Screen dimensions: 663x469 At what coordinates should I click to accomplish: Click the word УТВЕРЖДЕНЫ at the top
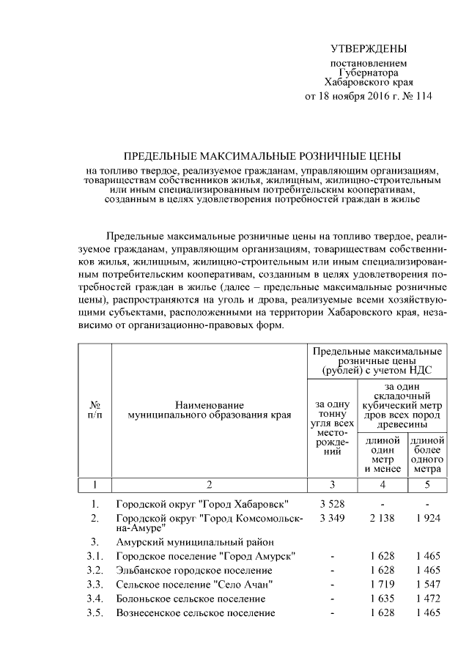[368, 49]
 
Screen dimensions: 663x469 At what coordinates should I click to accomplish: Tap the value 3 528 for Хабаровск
[332, 505]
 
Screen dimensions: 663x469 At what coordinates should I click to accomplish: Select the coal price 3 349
[332, 519]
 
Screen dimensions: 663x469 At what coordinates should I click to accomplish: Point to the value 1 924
[426, 519]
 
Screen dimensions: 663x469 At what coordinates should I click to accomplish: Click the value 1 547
[426, 585]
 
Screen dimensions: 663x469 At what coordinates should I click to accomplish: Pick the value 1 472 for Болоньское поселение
[426, 599]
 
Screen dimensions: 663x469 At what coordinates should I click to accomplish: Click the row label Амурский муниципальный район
[195, 542]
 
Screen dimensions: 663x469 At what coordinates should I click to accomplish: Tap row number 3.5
[94, 612]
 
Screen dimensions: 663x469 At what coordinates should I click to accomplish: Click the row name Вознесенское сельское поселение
[196, 612]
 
